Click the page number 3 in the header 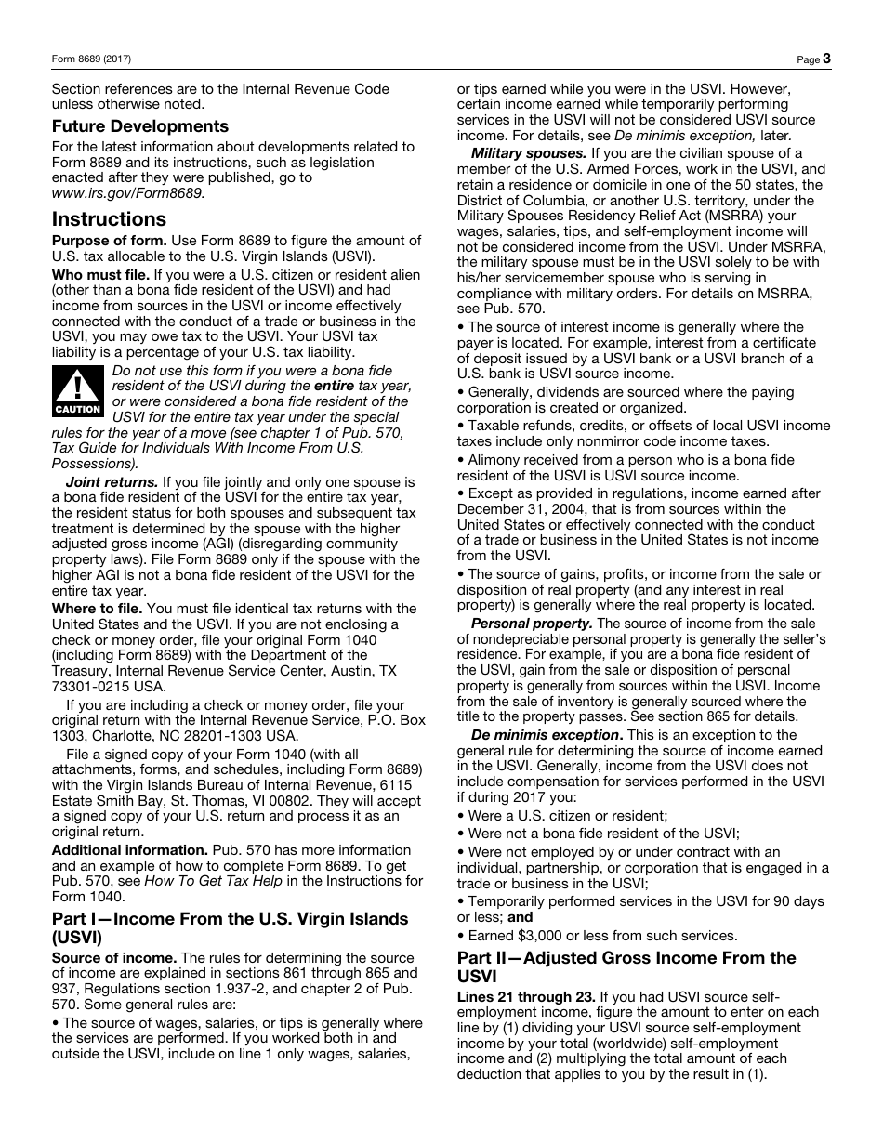pyautogui.click(x=826, y=59)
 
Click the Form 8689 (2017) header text pyautogui.click(x=91, y=59)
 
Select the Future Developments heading pyautogui.click(x=139, y=126)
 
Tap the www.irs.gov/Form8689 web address pyautogui.click(x=127, y=193)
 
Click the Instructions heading pyautogui.click(x=109, y=219)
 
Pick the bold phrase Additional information pyautogui.click(x=129, y=850)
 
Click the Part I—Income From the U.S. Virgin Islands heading pyautogui.click(x=230, y=927)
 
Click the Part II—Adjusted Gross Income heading pyautogui.click(x=626, y=966)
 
